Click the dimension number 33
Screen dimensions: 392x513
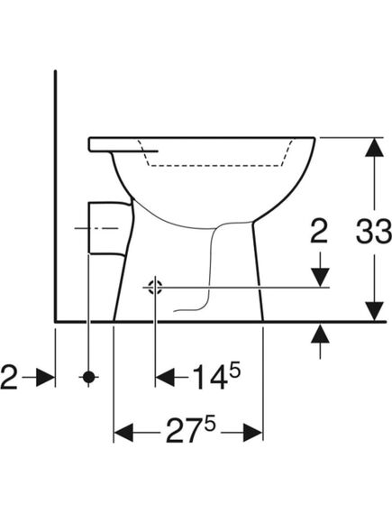click(x=374, y=232)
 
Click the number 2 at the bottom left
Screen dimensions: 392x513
click(x=9, y=377)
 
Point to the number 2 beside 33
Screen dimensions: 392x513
click(x=319, y=231)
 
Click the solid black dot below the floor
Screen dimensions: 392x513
click(x=88, y=377)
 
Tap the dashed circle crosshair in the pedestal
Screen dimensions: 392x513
click(x=155, y=288)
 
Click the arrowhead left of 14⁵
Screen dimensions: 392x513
click(x=165, y=377)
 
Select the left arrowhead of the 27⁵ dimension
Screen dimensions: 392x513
click(x=123, y=432)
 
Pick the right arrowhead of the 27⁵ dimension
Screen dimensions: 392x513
click(x=252, y=432)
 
